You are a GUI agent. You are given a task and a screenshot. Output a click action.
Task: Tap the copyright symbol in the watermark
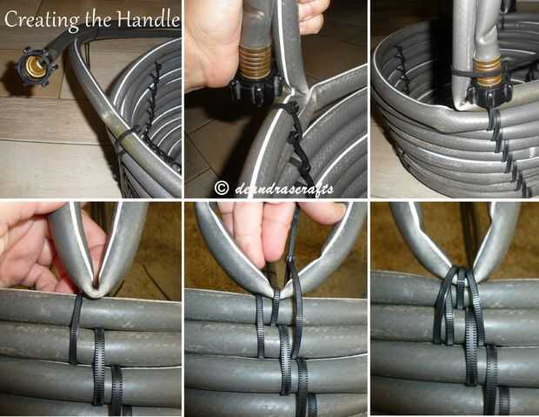click(222, 188)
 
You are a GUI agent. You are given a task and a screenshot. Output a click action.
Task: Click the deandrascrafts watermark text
click(284, 189)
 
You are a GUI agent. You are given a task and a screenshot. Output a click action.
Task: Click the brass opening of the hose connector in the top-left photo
click(35, 67)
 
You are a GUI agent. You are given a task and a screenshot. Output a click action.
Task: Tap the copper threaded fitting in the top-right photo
click(488, 71)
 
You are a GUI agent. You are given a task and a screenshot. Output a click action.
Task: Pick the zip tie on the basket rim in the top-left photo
click(125, 135)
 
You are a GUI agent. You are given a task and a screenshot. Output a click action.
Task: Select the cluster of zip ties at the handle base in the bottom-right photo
click(459, 306)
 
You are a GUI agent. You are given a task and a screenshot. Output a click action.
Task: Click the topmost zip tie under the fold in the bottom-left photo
click(76, 328)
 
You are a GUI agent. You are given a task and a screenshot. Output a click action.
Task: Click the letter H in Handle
click(126, 19)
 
